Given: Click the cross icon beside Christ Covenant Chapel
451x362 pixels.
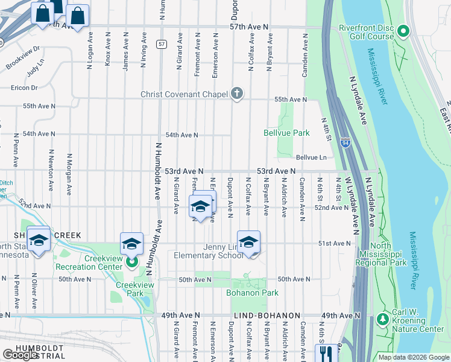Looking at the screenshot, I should pyautogui.click(x=238, y=94).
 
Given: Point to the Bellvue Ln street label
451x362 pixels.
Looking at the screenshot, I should pyautogui.click(x=311, y=157).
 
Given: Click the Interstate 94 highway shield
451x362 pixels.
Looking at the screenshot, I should pyautogui.click(x=345, y=142).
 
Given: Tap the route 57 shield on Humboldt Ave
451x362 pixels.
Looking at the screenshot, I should pyautogui.click(x=161, y=44).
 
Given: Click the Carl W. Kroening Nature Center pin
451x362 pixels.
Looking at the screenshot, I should pyautogui.click(x=382, y=318).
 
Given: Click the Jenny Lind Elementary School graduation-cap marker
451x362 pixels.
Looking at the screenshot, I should pyautogui.click(x=248, y=242).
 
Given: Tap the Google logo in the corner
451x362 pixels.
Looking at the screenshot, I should pyautogui.click(x=20, y=355).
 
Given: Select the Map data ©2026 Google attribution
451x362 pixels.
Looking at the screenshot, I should pyautogui.click(x=413, y=357).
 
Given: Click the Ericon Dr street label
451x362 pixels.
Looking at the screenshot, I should pyautogui.click(x=24, y=87).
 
